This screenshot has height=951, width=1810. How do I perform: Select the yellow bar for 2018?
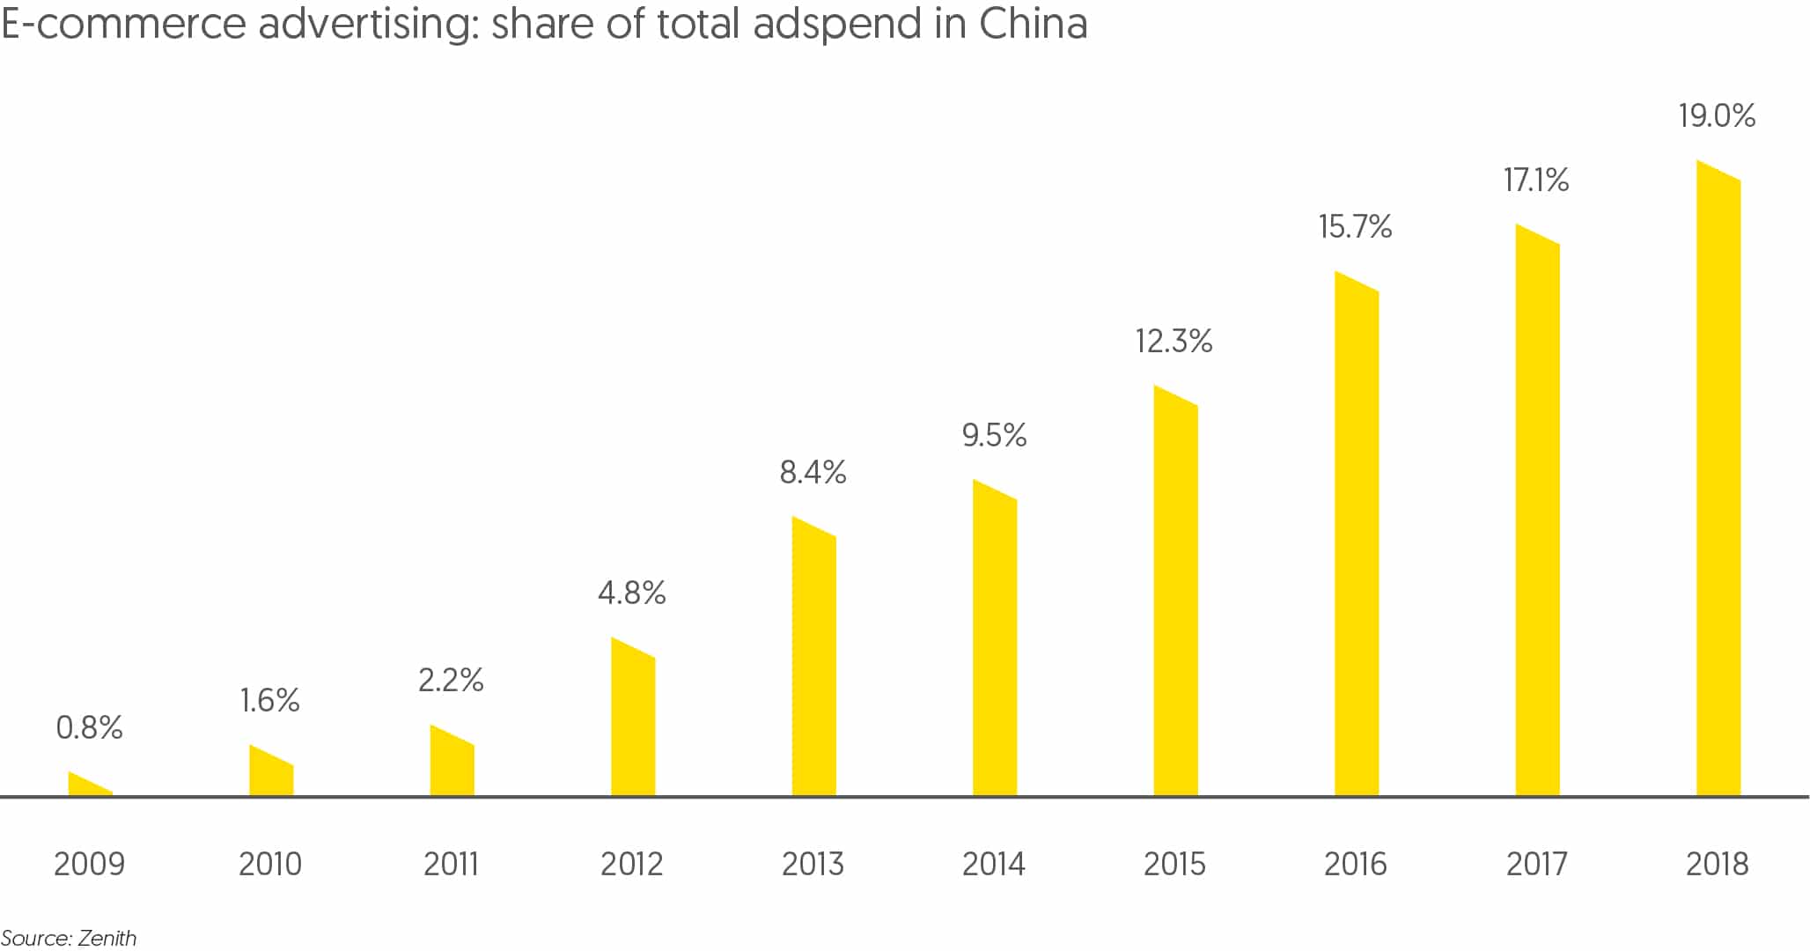point(1718,484)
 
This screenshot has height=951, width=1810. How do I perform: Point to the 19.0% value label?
point(1717,116)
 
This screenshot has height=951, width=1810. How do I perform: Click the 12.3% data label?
point(1174,342)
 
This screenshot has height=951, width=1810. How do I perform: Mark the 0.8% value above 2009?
point(89,728)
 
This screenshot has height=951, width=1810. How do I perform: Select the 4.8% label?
point(631,593)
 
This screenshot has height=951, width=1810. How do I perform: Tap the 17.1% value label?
point(1536,181)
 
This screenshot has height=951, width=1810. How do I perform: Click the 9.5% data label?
point(994,436)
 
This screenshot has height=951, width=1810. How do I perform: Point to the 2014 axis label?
point(994,865)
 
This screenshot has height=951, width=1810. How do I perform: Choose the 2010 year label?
point(270,865)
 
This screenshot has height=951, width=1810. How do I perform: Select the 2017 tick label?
point(1537,865)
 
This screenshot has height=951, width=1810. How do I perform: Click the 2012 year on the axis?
point(631,865)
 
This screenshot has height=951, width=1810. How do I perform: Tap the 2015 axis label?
point(1174,865)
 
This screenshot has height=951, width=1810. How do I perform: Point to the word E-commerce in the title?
point(123,24)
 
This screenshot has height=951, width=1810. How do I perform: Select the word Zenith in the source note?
point(107,939)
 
